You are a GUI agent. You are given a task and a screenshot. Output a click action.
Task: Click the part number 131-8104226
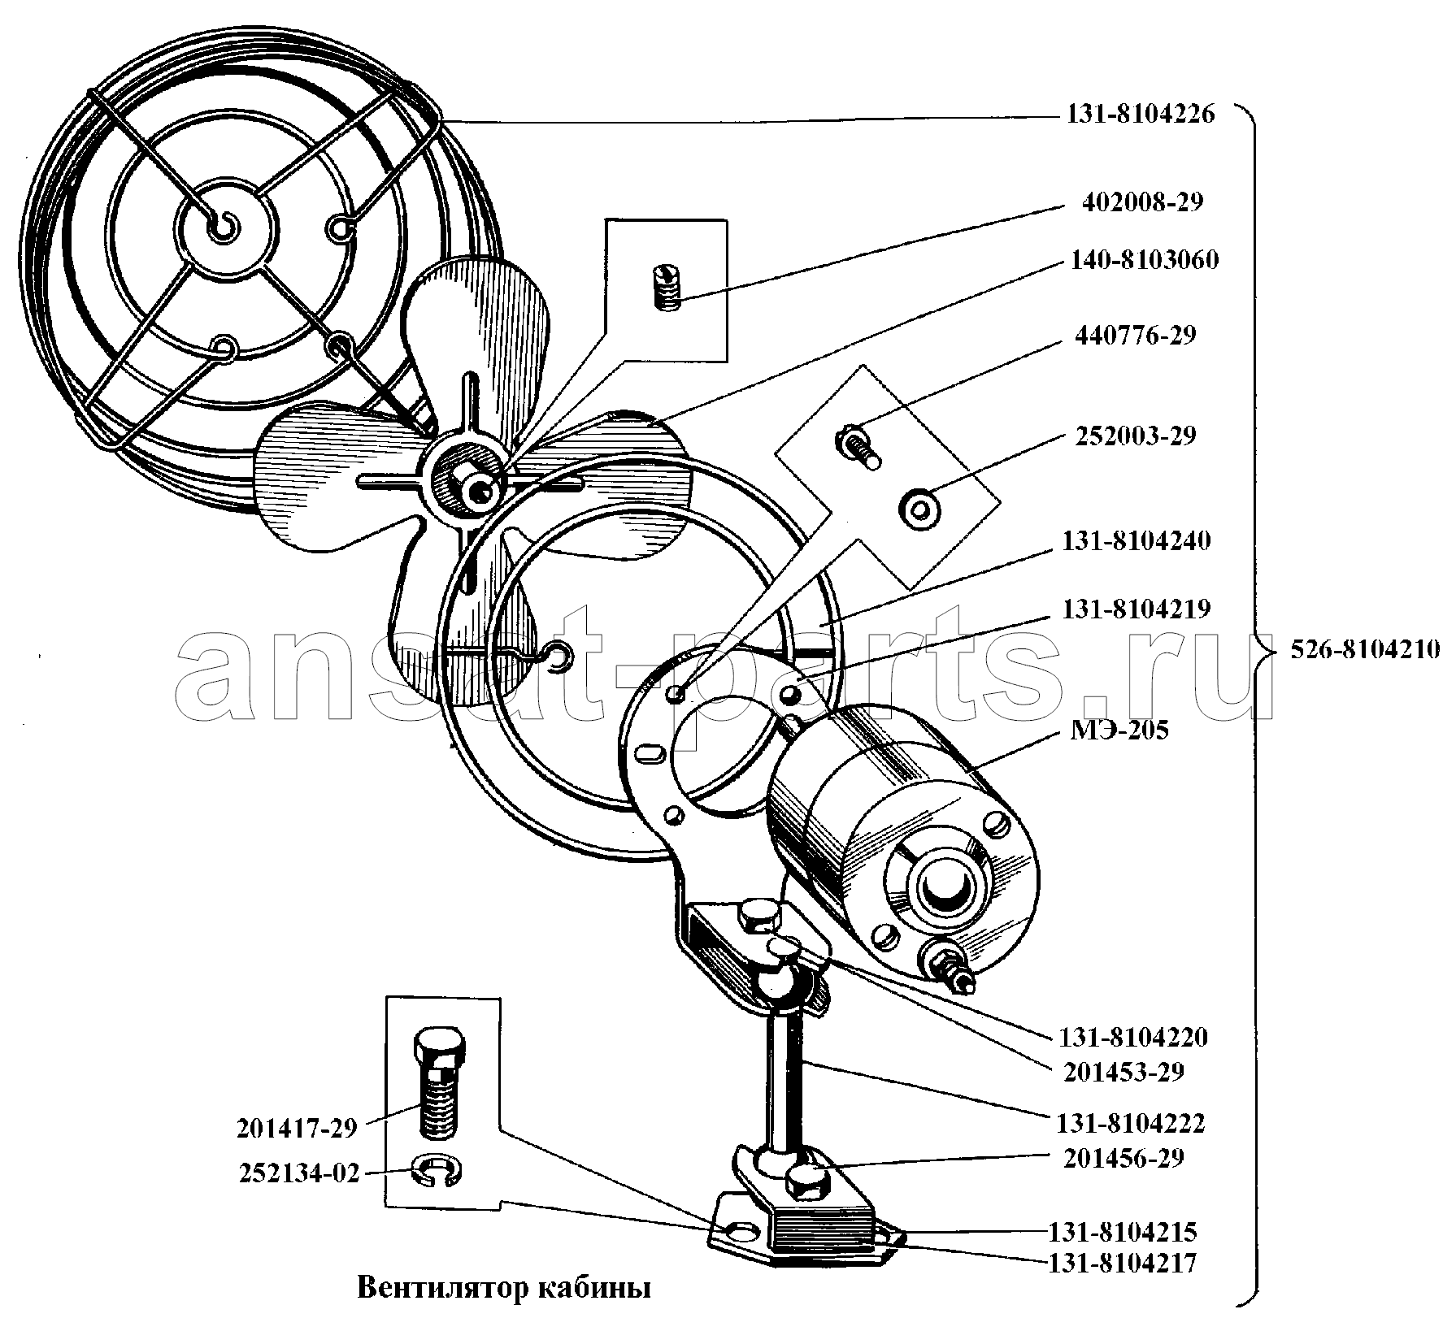[1140, 115]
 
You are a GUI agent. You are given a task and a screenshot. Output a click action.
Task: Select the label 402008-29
[1141, 202]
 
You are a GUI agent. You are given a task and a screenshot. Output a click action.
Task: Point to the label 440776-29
[1135, 335]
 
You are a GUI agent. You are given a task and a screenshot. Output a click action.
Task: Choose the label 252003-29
[1135, 436]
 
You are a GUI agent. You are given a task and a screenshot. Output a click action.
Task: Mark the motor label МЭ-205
[1119, 731]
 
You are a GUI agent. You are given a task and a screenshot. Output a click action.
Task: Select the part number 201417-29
[297, 1129]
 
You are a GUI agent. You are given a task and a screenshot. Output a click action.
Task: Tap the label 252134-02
[298, 1174]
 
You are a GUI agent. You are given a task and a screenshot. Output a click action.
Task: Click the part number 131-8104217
[1122, 1264]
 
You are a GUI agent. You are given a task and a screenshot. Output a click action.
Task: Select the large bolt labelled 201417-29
[440, 1082]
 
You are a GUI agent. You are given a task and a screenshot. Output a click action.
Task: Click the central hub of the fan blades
[476, 487]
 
